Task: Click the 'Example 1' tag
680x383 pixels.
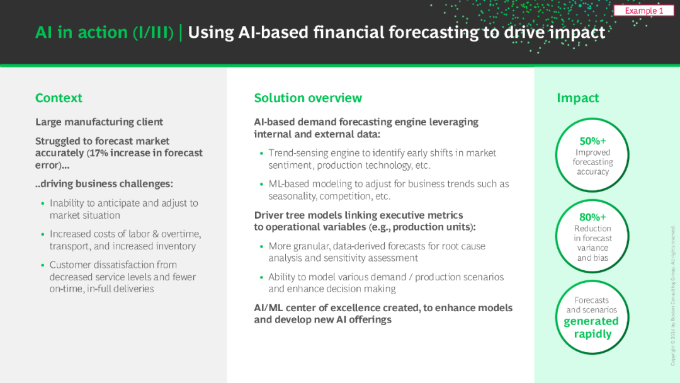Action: coord(643,11)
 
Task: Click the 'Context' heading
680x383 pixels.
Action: coord(59,98)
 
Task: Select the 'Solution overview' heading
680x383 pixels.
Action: coord(308,98)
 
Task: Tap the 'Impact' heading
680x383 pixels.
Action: coord(577,98)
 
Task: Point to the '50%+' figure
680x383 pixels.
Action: coord(592,141)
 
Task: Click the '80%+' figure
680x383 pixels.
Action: coord(592,217)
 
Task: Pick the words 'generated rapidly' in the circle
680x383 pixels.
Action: coord(591,328)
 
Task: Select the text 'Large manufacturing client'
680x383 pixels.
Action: coord(99,122)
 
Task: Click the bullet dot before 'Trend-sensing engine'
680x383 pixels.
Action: coord(261,153)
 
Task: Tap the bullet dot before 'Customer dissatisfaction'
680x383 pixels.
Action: coord(43,265)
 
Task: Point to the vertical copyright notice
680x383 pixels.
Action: coord(672,295)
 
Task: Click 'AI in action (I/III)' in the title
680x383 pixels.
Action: coord(105,33)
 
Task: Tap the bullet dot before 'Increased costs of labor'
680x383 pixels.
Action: coord(43,234)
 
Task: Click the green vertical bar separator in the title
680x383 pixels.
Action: coord(181,33)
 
